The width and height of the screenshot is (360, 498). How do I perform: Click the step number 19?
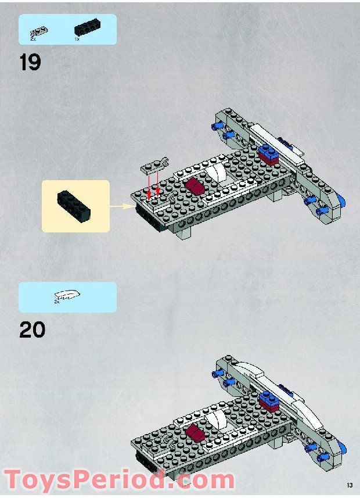(x=30, y=62)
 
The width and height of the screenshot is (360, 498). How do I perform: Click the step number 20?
(x=33, y=329)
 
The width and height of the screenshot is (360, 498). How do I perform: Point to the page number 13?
(x=349, y=485)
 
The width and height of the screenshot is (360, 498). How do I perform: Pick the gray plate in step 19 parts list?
(x=39, y=29)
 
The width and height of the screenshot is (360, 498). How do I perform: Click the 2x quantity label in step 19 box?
(x=33, y=38)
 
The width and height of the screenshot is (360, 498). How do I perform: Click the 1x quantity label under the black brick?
(x=77, y=38)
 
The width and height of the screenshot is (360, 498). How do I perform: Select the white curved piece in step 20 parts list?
(x=67, y=295)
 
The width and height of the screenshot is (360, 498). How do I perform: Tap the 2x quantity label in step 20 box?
(x=57, y=302)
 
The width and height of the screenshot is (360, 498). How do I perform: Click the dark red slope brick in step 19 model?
(x=195, y=186)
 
